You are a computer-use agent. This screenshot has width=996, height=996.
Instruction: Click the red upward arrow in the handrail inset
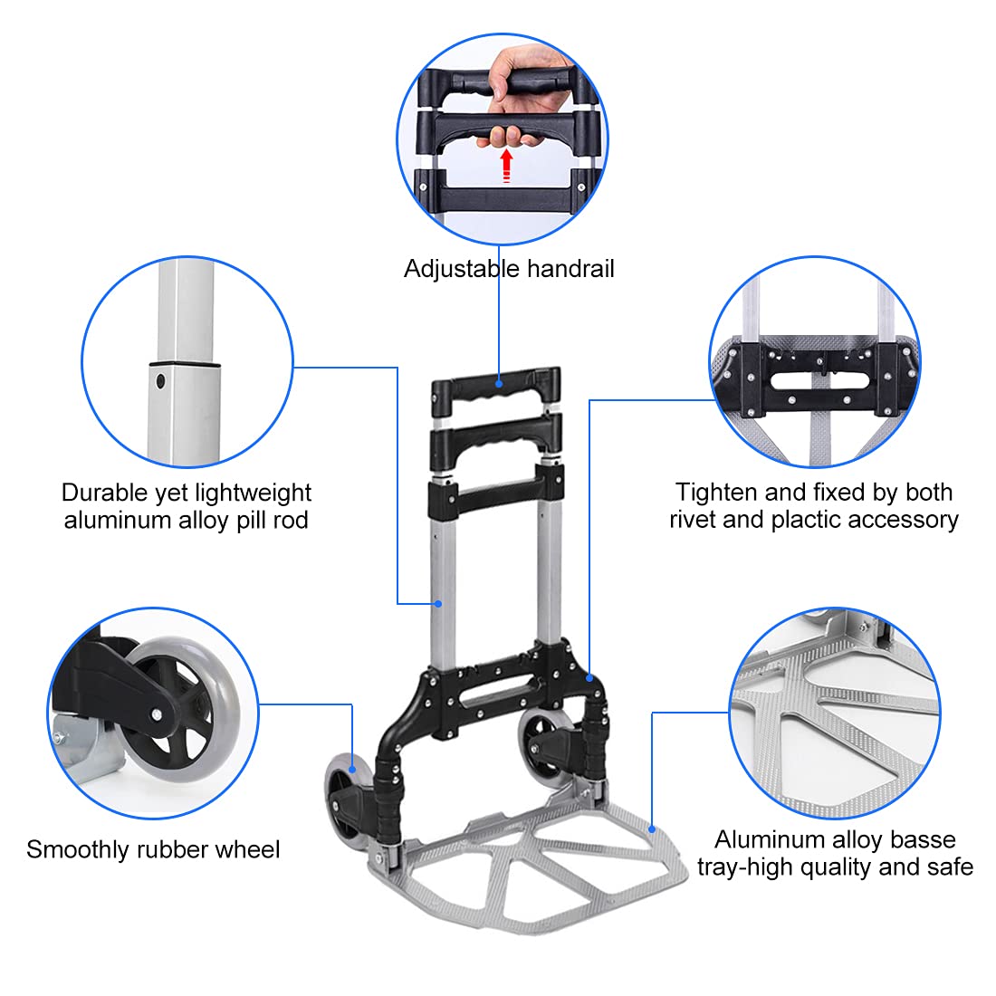(x=507, y=166)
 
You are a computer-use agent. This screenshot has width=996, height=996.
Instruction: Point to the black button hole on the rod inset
(x=161, y=381)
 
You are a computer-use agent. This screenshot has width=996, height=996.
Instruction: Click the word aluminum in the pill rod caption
(x=110, y=520)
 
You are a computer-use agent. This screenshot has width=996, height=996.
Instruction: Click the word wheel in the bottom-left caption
(x=247, y=849)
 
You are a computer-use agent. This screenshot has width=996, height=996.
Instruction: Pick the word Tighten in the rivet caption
(x=715, y=493)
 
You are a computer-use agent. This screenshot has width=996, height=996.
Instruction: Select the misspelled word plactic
(x=806, y=520)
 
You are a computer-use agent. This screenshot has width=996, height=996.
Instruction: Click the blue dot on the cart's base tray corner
(x=651, y=827)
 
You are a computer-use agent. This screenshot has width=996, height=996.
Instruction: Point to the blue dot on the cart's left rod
(x=437, y=603)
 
